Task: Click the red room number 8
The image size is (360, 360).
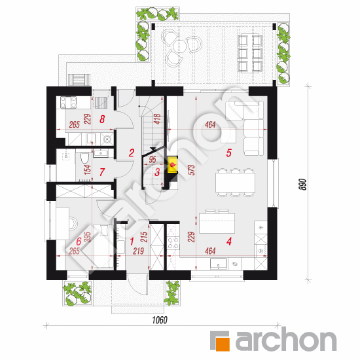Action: click(102, 119)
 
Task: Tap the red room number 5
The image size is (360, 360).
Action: click(228, 153)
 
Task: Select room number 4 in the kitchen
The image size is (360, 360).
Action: click(229, 242)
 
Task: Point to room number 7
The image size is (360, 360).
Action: click(102, 172)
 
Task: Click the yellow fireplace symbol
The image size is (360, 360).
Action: click(172, 164)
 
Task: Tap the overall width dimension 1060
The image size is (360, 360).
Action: click(160, 320)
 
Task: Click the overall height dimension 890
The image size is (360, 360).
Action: click(303, 185)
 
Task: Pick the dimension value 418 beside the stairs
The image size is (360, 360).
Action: click(158, 119)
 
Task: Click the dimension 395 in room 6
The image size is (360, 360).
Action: click(88, 237)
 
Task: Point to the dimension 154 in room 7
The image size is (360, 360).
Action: click(88, 170)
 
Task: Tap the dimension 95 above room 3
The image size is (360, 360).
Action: click(153, 160)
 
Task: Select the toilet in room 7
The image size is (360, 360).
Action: click(84, 158)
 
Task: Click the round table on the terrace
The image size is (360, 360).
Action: click(180, 45)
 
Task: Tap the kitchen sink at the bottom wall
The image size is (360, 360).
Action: click(219, 264)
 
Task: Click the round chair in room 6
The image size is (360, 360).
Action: click(73, 223)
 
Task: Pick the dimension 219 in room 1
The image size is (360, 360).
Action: click(139, 251)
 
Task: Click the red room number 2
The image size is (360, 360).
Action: click(132, 153)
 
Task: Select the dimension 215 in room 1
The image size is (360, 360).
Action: click(144, 237)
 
